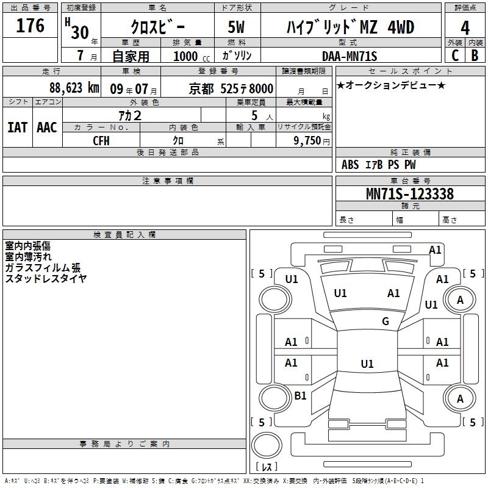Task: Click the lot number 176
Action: (x=30, y=25)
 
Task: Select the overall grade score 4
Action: (x=465, y=27)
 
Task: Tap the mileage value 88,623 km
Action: (x=74, y=88)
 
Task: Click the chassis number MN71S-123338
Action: (x=410, y=193)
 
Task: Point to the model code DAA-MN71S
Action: (x=350, y=56)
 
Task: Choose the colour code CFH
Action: (x=101, y=141)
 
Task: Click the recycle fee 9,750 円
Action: (x=312, y=141)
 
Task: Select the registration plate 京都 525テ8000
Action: (x=231, y=88)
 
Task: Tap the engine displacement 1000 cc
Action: (x=192, y=56)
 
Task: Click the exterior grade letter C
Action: (x=455, y=56)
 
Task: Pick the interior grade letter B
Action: (x=475, y=56)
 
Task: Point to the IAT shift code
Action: (x=18, y=127)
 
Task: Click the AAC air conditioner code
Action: (x=47, y=127)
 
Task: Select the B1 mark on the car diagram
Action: (x=300, y=395)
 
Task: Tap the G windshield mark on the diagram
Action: (x=386, y=321)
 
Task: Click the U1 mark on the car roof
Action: (x=367, y=364)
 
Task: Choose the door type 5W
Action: (x=236, y=27)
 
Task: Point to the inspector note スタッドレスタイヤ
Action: (x=46, y=278)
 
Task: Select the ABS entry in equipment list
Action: (x=350, y=165)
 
